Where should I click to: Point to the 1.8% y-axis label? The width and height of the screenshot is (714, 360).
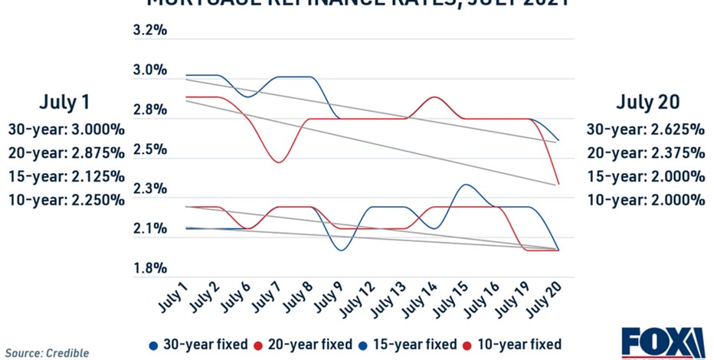tap(150, 269)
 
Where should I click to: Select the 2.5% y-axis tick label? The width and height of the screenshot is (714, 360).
tap(150, 149)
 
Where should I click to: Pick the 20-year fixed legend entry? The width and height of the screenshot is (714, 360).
tap(303, 344)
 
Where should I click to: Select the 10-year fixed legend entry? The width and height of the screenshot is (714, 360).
tap(512, 344)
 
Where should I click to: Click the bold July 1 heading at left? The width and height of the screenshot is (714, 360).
tap(66, 103)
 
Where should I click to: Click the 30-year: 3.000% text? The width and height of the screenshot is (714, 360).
tap(66, 129)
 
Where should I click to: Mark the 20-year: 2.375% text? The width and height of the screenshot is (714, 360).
tap(646, 152)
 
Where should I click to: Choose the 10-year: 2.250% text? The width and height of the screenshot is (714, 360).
tap(66, 200)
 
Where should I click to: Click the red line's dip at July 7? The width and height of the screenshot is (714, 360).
tap(278, 162)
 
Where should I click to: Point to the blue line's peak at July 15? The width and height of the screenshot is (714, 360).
tap(464, 184)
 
